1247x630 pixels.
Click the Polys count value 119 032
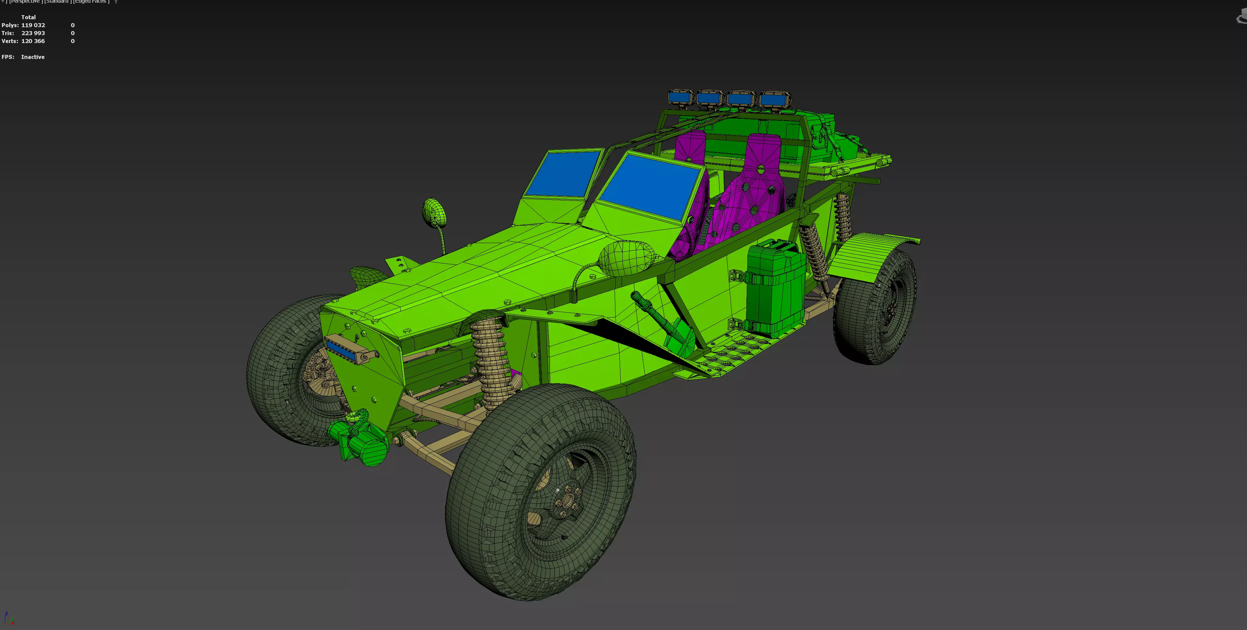point(33,25)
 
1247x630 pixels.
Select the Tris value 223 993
point(33,33)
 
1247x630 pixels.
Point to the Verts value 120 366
point(33,41)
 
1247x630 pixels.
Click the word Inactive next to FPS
point(32,57)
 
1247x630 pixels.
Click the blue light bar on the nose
point(344,349)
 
